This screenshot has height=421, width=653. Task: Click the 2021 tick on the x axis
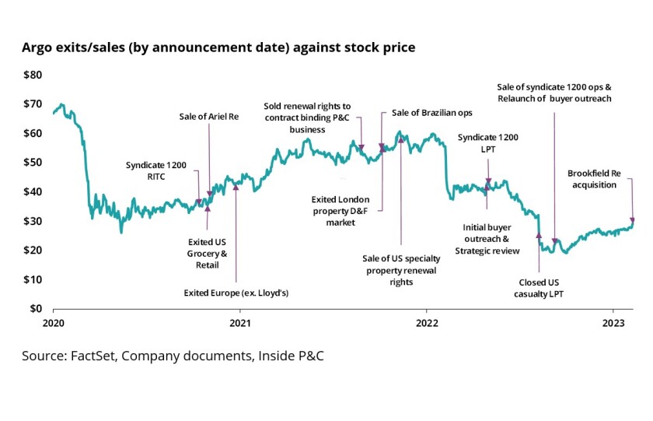point(239,322)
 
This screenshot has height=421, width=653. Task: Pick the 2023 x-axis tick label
point(614,322)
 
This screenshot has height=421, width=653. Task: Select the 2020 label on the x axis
point(53,322)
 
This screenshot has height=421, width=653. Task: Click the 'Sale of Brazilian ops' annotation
point(431,113)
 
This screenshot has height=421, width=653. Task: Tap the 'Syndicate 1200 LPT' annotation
point(487,143)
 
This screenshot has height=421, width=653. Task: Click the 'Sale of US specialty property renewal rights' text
point(400,270)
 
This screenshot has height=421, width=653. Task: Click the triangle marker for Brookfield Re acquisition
point(632,221)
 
